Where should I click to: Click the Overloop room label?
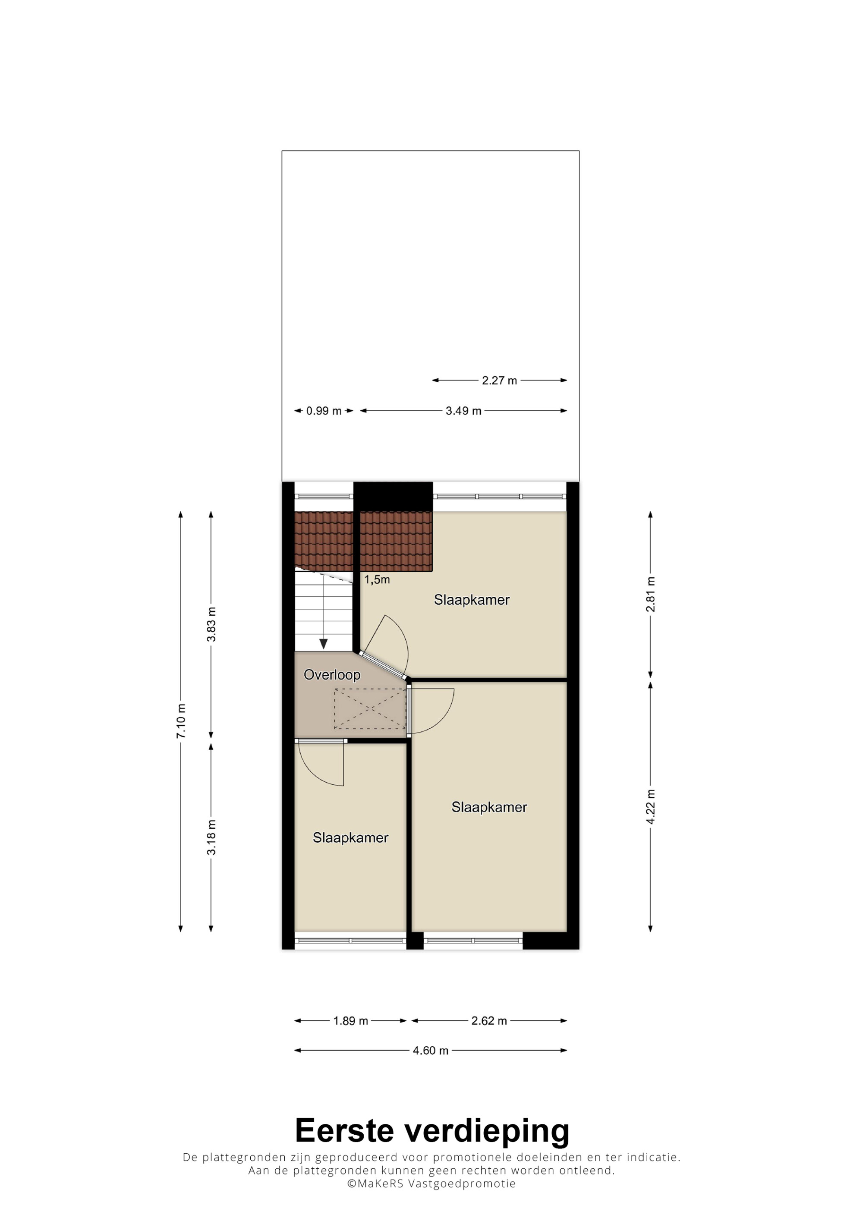click(332, 675)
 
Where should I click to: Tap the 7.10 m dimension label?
click(181, 721)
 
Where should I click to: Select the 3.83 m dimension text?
click(211, 624)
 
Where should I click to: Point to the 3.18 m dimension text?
click(211, 837)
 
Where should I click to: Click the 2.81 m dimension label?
click(650, 594)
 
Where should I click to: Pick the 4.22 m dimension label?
click(650, 807)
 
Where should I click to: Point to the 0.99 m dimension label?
click(324, 411)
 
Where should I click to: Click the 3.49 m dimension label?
click(464, 411)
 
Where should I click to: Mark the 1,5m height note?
click(377, 580)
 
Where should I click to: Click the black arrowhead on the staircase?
click(323, 644)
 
